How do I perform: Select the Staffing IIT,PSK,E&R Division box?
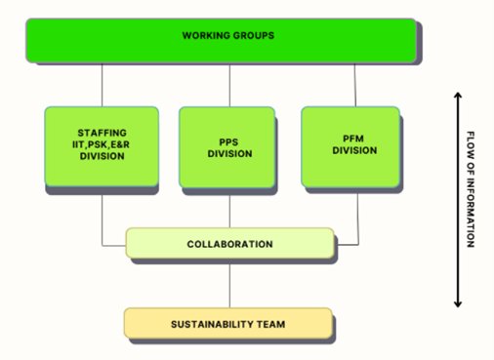pos(102,146)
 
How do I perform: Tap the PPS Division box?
pos(229,146)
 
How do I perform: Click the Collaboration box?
pos(229,244)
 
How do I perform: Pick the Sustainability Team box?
pos(227,323)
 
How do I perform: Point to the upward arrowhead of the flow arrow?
pos(457,96)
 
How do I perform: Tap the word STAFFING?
pos(102,132)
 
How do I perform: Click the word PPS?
pos(229,140)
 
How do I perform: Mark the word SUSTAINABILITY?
pos(202,323)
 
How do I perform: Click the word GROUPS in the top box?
pos(253,36)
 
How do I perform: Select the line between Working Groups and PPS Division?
pos(229,85)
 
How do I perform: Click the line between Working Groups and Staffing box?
pos(102,85)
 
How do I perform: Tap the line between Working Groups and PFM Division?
pos(355,85)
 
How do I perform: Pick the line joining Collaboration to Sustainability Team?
pos(229,283)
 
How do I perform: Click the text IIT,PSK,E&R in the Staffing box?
pos(102,143)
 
